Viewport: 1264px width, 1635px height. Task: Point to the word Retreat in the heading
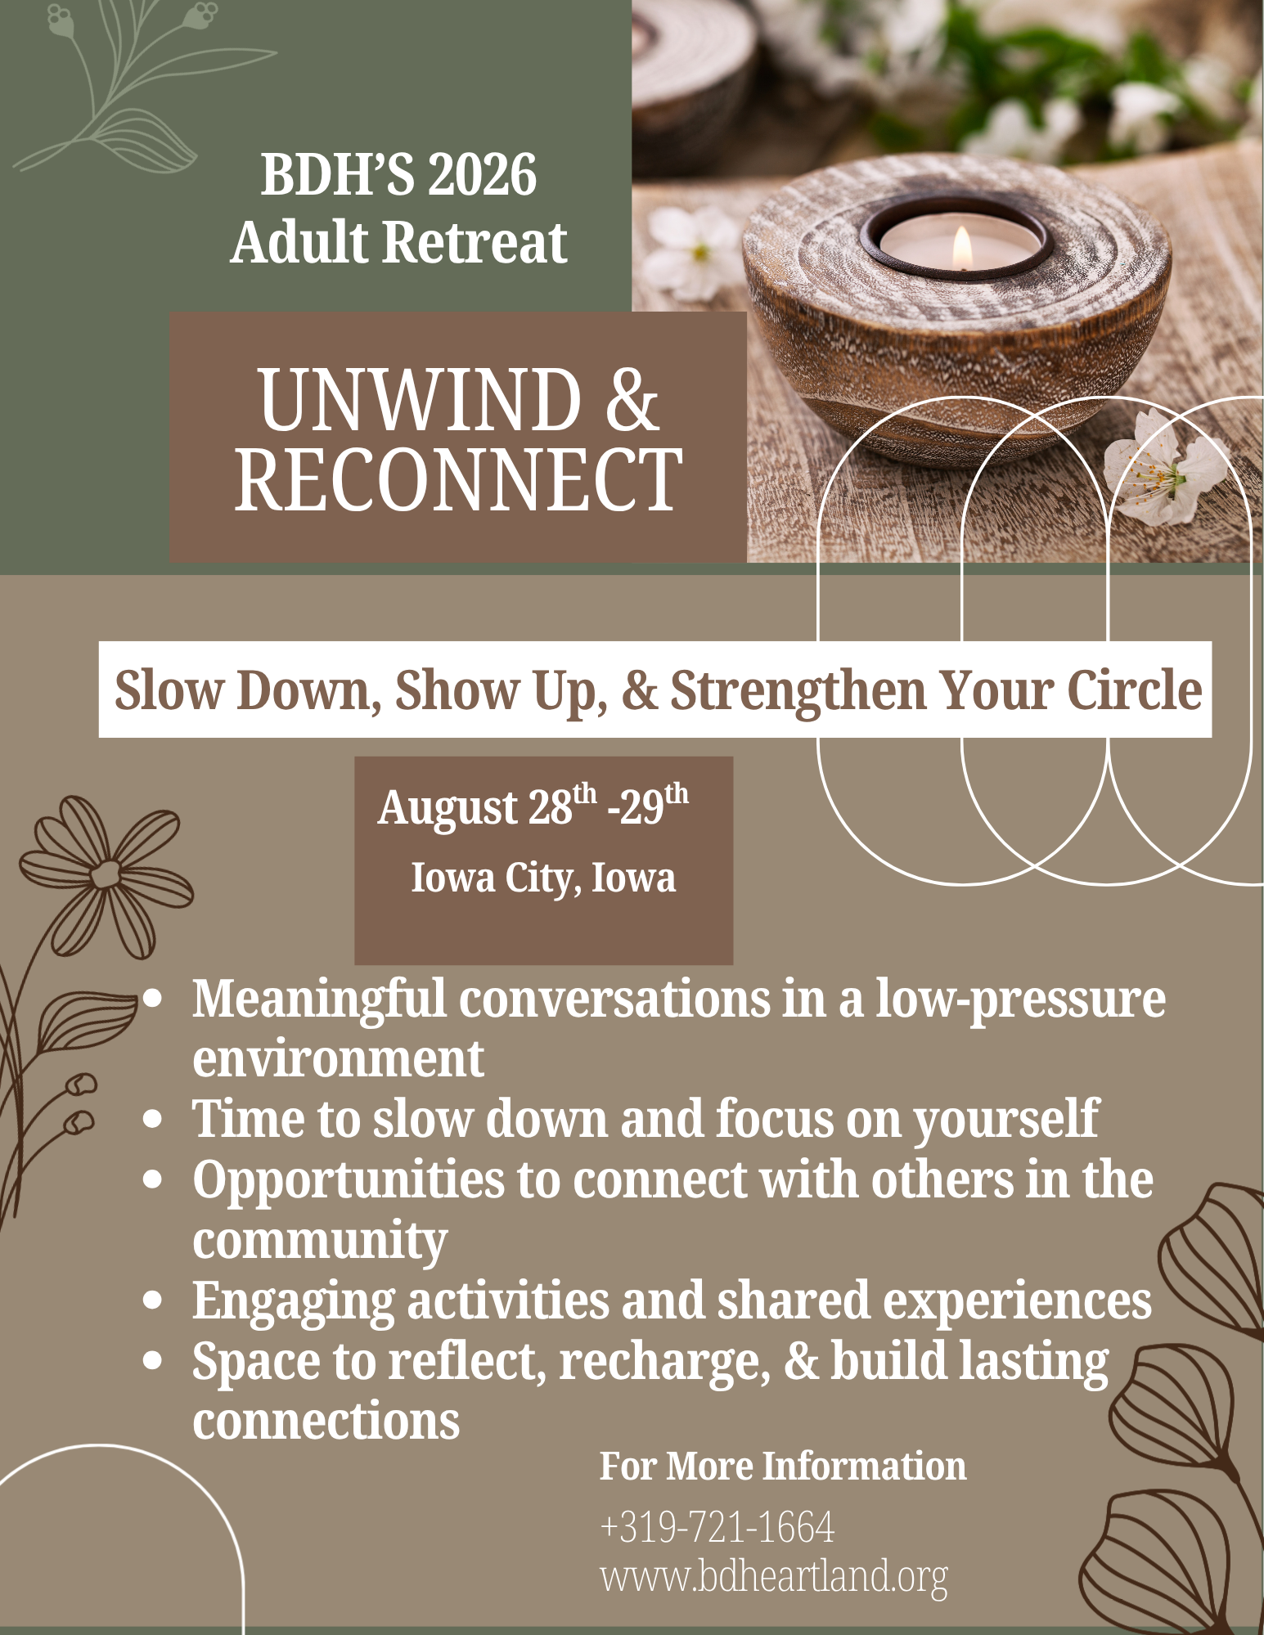pyautogui.click(x=475, y=243)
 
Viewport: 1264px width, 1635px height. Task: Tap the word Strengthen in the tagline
pyautogui.click(x=798, y=690)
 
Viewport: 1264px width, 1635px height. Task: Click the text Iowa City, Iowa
pyautogui.click(x=543, y=878)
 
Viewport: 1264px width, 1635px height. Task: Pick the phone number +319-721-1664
pyautogui.click(x=717, y=1526)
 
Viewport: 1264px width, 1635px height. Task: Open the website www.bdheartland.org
pyautogui.click(x=774, y=1575)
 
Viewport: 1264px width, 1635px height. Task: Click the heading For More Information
pyautogui.click(x=782, y=1466)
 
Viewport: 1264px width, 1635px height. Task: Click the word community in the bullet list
pyautogui.click(x=320, y=1240)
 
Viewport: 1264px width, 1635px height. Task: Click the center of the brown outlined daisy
pyautogui.click(x=106, y=874)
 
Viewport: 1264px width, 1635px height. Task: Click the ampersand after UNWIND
pyautogui.click(x=632, y=400)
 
